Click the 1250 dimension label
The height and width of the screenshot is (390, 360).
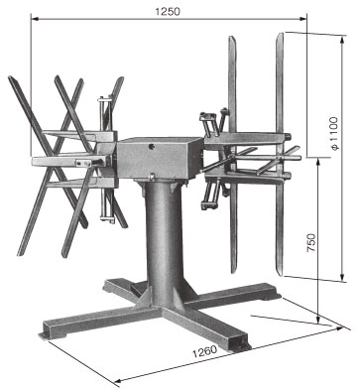[x=168, y=12]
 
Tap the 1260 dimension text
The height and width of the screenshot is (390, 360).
[x=205, y=351]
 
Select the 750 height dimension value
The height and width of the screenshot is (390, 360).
[x=311, y=243]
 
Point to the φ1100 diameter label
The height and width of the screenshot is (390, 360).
[x=334, y=133]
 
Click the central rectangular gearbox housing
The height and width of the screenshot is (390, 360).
[x=160, y=159]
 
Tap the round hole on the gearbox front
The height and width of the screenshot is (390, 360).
[x=153, y=146]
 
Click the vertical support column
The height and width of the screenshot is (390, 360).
[x=164, y=241]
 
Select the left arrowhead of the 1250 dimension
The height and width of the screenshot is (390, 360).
[x=35, y=19]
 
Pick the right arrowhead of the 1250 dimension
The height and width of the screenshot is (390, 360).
[x=302, y=19]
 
